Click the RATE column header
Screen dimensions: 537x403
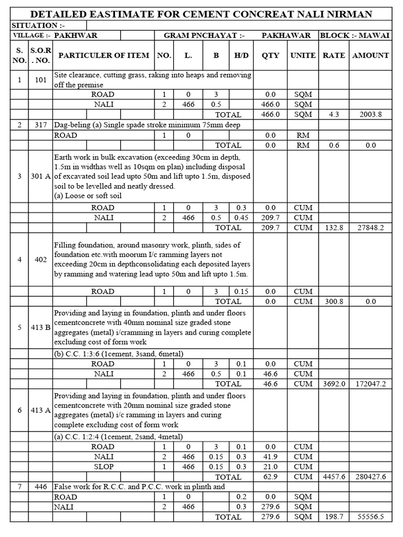tap(334, 55)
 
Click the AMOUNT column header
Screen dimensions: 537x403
tap(370, 55)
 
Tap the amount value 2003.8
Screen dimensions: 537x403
tap(372, 114)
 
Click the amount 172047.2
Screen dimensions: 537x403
tap(370, 384)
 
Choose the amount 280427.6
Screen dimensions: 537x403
tap(370, 477)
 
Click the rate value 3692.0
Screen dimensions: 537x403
tap(334, 384)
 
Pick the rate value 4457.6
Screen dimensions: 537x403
tap(334, 477)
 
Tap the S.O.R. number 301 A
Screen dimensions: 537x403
tap(40, 176)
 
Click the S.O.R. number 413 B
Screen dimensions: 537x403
tap(40, 327)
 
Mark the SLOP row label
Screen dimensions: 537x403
tap(103, 467)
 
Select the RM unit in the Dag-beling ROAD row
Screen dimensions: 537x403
tap(303, 135)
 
